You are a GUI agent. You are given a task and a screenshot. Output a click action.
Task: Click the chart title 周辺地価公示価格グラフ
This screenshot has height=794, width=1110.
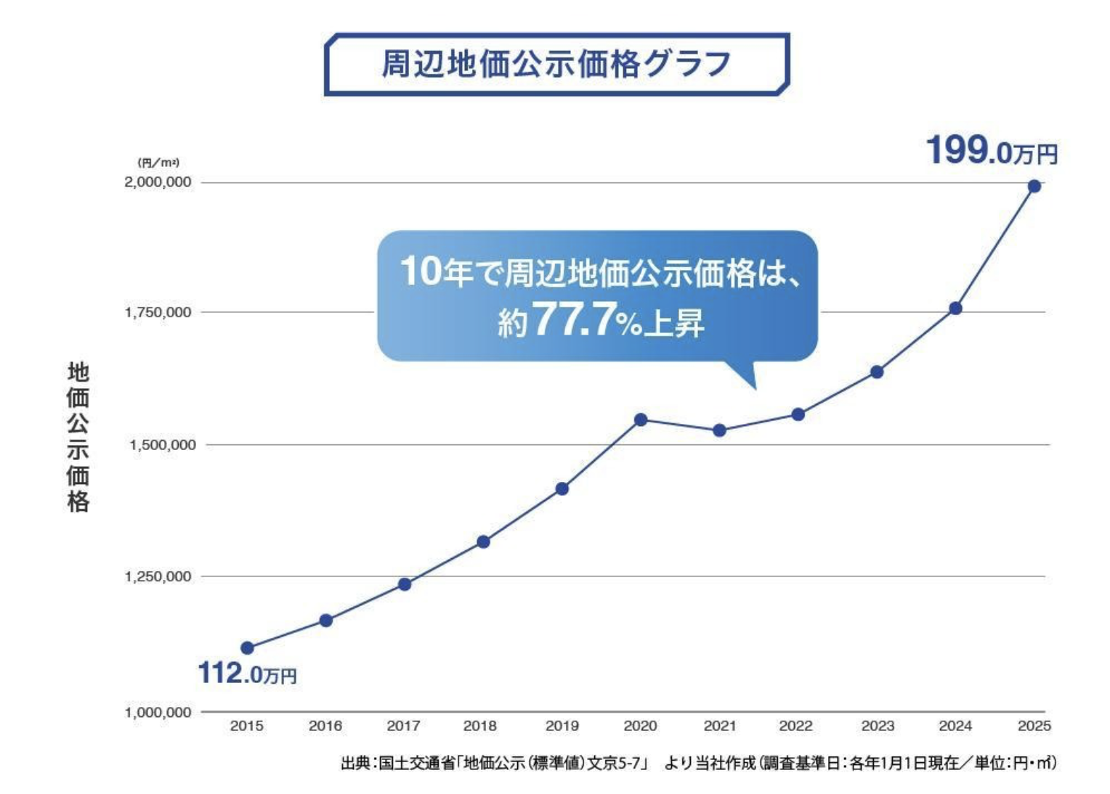556,64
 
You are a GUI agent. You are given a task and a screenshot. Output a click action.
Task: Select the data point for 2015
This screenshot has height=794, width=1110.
247,648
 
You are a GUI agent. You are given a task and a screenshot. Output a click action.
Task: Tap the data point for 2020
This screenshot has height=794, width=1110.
641,420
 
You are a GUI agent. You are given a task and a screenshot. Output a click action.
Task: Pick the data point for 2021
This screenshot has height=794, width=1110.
719,430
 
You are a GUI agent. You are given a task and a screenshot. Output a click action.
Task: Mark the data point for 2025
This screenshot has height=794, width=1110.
1034,187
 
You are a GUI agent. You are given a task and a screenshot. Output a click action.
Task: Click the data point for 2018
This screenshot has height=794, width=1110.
483,541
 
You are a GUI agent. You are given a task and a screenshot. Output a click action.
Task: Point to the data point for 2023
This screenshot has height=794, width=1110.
877,372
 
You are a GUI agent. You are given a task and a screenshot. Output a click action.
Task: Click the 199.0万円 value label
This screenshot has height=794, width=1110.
992,152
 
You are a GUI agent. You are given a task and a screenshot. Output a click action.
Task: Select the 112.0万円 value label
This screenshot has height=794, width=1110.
247,674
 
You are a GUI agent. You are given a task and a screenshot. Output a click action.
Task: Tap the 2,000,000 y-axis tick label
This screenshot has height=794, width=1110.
158,182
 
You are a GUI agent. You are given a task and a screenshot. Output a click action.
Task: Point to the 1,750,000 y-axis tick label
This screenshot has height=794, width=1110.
158,312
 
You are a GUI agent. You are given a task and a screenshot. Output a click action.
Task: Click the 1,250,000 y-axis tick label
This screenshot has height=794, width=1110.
158,576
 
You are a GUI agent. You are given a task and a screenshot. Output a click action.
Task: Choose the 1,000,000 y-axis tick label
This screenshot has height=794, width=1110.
158,712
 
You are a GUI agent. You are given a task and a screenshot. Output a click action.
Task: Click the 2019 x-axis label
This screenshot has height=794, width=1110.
562,726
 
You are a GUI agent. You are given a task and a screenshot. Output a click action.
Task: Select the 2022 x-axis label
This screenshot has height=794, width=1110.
795,726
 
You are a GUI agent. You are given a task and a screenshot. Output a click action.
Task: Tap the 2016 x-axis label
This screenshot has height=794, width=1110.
325,726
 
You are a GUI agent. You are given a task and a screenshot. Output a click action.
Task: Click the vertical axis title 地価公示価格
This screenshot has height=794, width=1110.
78,437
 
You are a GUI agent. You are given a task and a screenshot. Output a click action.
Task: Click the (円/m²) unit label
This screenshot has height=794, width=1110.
158,163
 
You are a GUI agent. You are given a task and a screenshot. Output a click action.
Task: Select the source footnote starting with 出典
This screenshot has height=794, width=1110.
698,764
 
